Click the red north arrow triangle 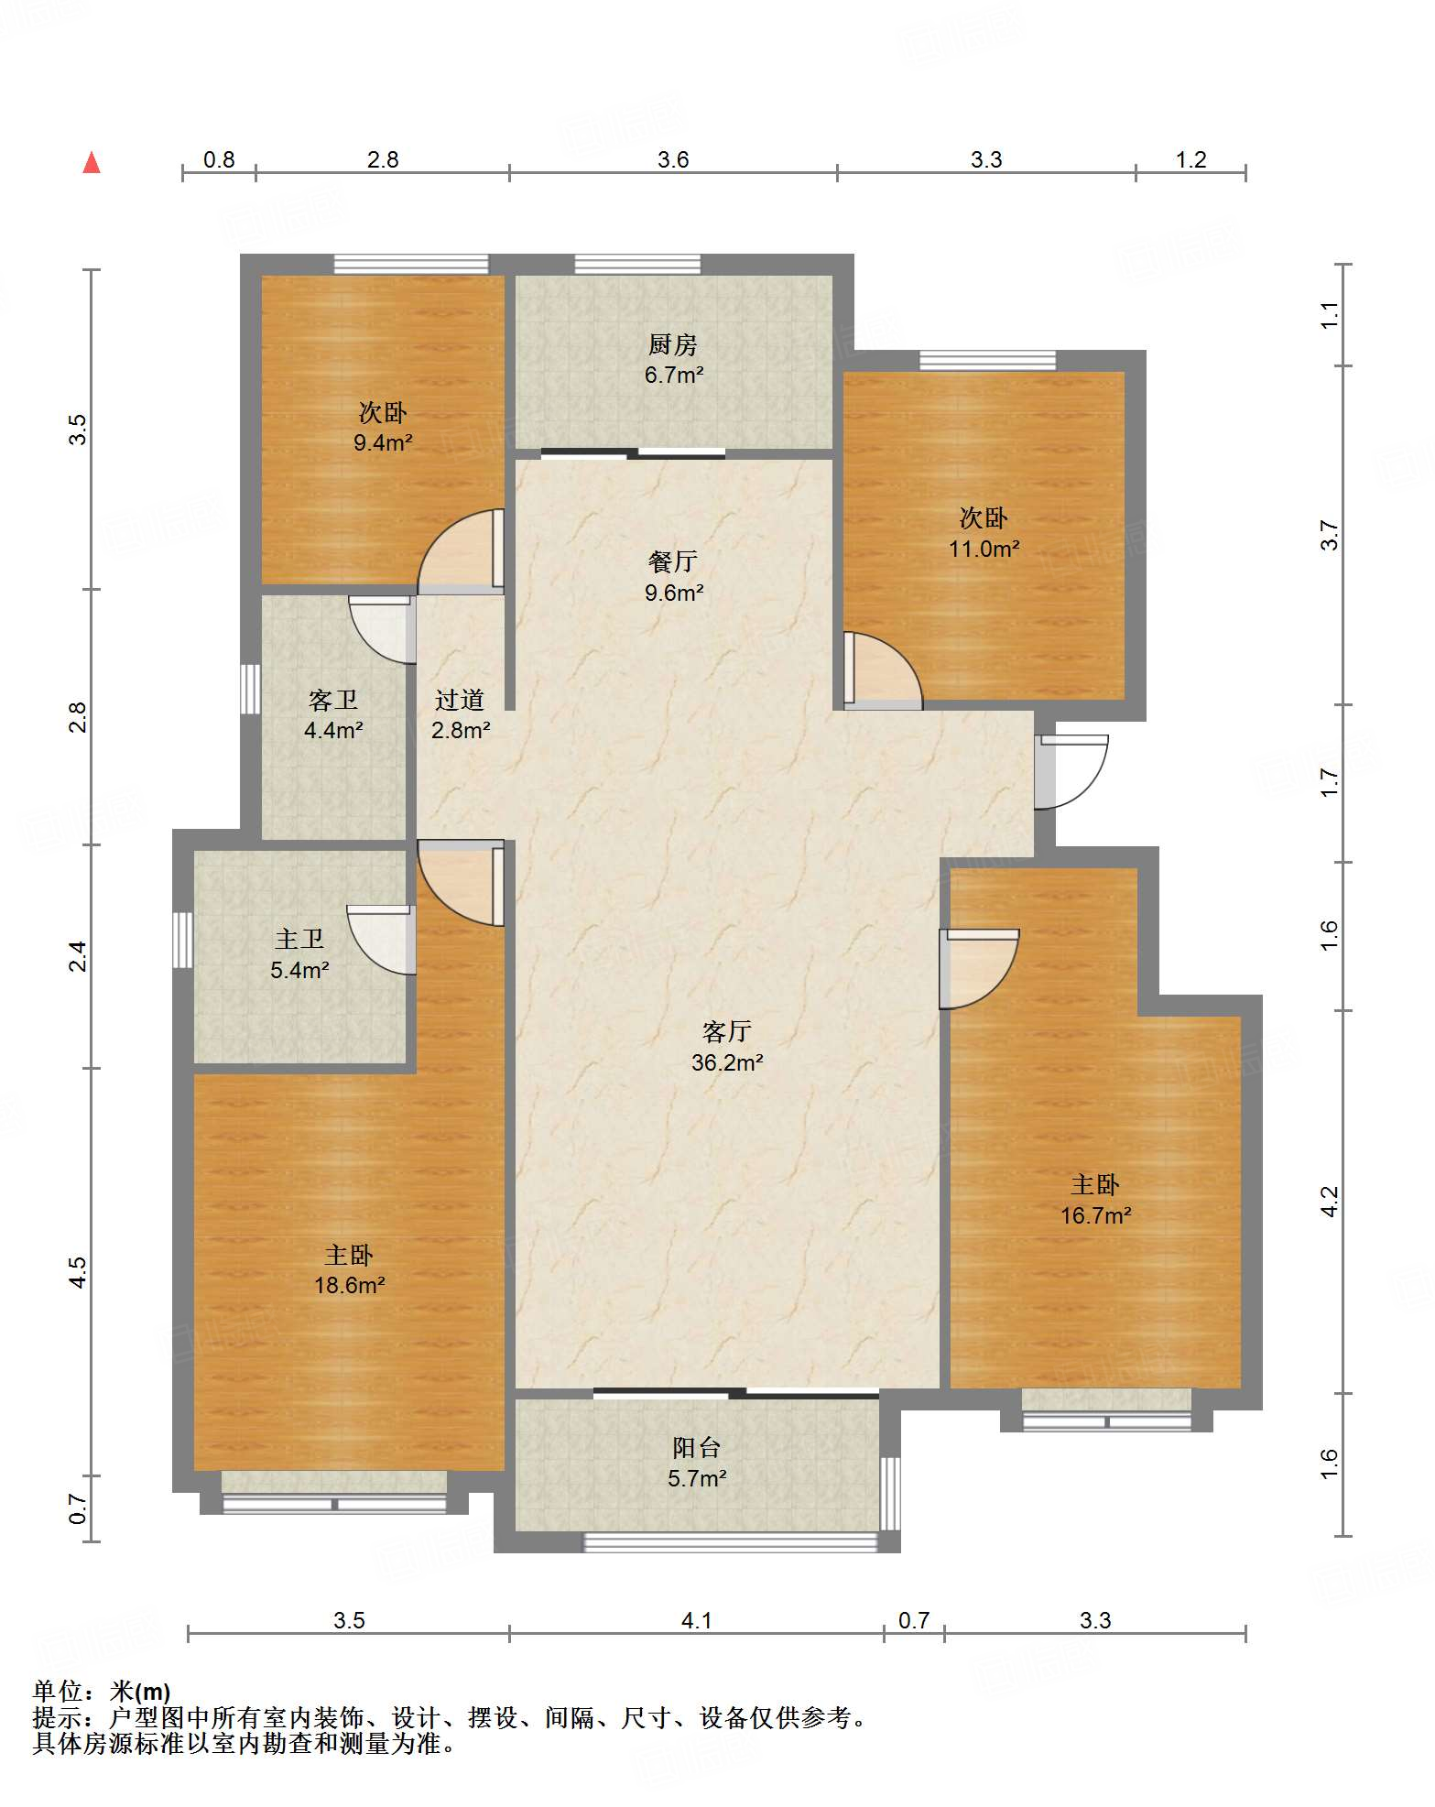point(92,162)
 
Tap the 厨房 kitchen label point(673,344)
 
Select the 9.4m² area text point(384,443)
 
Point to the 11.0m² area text point(984,549)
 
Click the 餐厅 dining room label point(673,561)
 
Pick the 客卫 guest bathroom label point(333,701)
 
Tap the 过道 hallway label point(460,701)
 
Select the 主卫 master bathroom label point(299,940)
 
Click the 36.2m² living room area point(728,1062)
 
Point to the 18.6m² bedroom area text point(350,1285)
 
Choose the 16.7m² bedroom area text point(1096,1215)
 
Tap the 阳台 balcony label point(697,1448)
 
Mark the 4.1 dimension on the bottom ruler point(697,1620)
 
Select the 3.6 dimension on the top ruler point(673,159)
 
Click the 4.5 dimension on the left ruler point(79,1272)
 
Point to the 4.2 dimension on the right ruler point(1330,1201)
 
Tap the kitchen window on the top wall point(637,265)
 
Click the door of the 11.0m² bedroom point(883,671)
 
